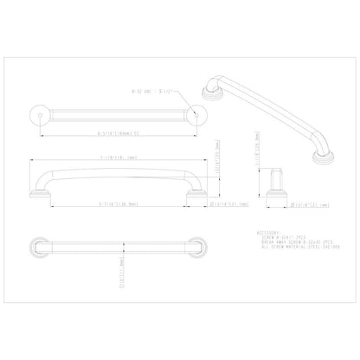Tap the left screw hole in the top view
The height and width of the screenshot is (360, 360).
[37, 113]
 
